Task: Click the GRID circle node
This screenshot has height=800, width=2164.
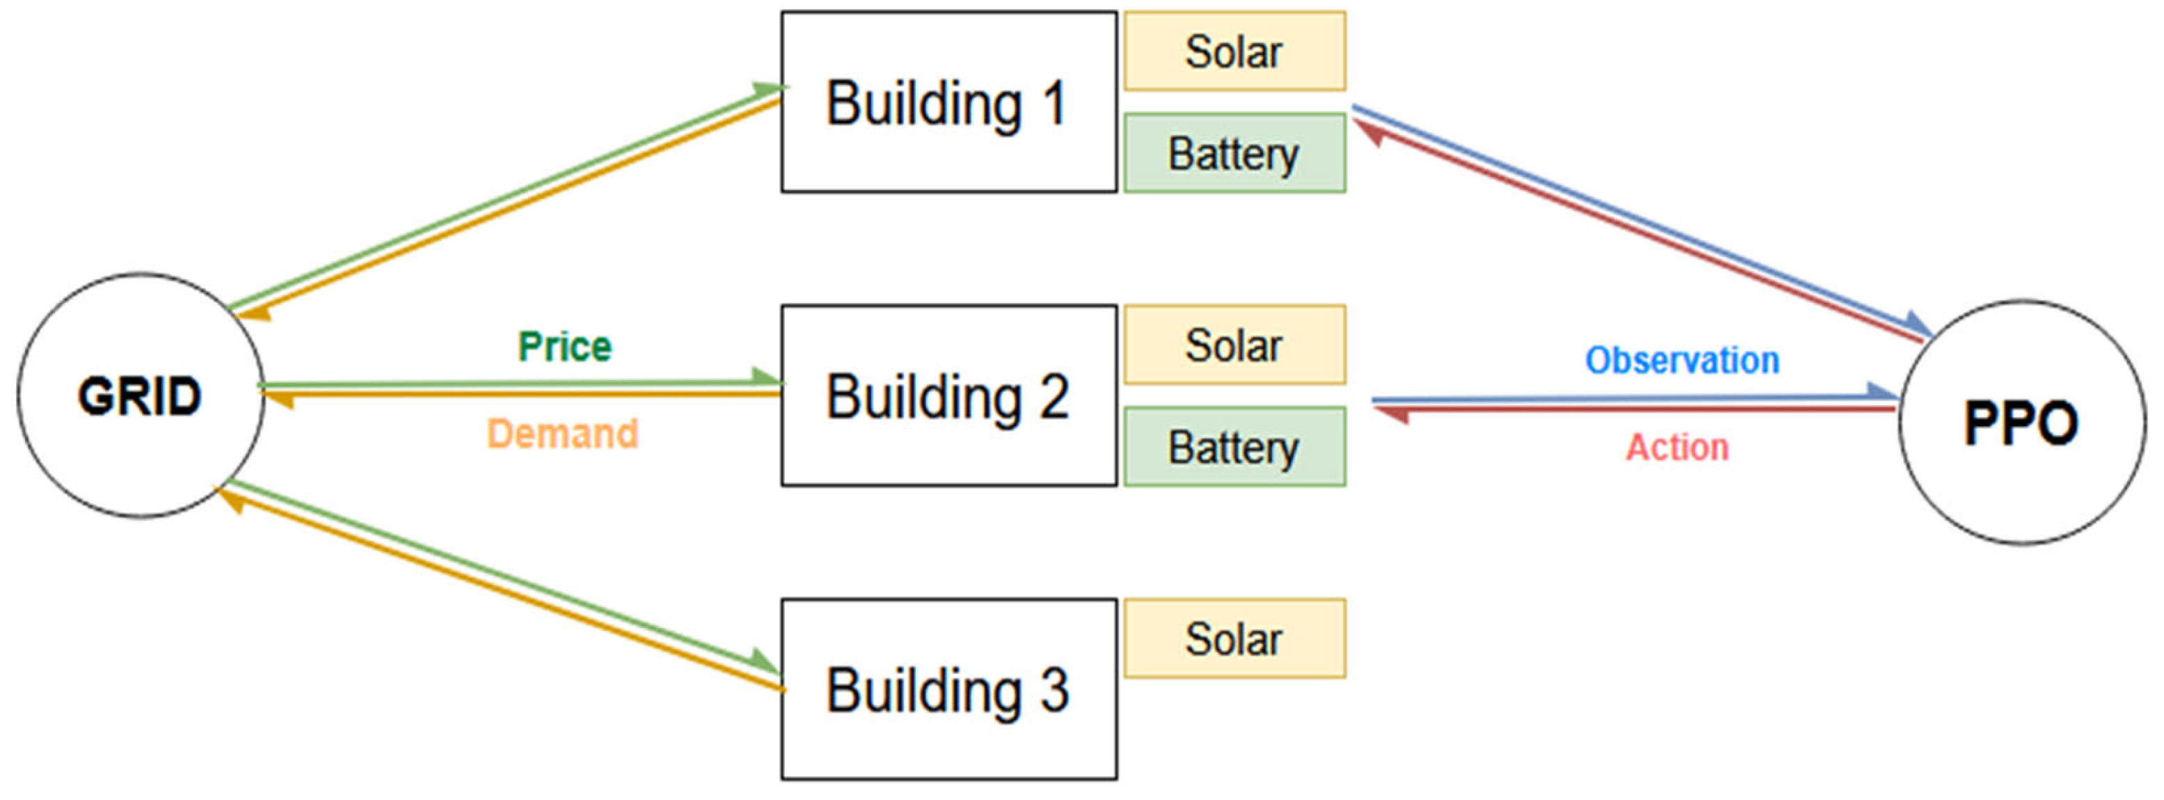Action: (141, 395)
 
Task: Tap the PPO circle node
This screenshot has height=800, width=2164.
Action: (2021, 422)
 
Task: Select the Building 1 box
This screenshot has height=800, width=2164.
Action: (948, 102)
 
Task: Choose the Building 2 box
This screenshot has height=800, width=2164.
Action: (948, 395)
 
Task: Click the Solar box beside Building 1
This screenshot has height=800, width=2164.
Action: (1234, 52)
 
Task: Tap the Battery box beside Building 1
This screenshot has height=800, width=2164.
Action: (1234, 153)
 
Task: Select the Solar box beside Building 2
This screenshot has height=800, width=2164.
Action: (1234, 345)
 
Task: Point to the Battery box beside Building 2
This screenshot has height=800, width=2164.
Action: (1234, 446)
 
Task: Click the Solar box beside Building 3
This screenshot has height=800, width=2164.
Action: (1234, 638)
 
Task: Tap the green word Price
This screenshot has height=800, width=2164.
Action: (564, 346)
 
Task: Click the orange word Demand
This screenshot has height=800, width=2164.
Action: (562, 434)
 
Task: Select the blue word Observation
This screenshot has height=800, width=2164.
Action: (1682, 360)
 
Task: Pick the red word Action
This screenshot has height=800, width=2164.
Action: (1677, 447)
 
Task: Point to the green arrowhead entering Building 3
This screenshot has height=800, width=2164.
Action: (766, 661)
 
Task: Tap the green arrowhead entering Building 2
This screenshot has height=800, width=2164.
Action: (766, 377)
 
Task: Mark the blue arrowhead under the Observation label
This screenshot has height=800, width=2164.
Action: (1881, 391)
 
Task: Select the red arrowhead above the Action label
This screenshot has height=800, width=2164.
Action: (1391, 413)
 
